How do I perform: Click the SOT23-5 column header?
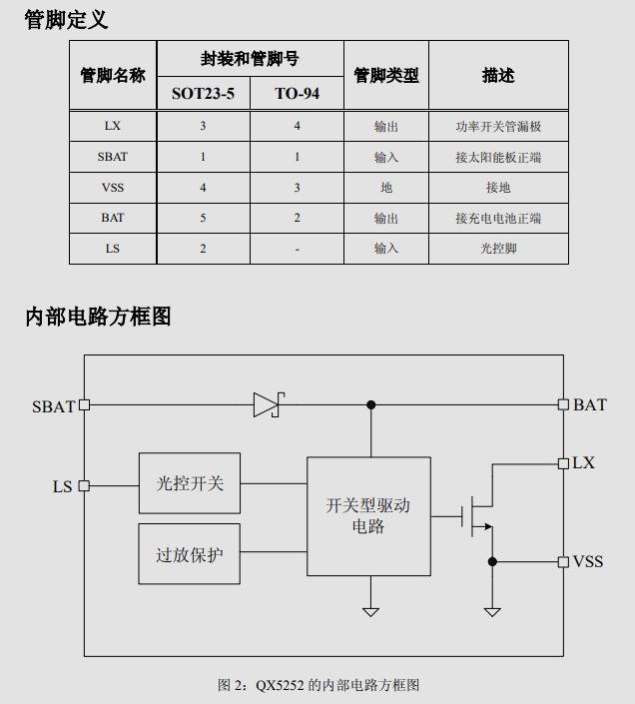(x=203, y=94)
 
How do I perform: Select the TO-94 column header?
(x=298, y=94)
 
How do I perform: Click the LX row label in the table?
(x=113, y=126)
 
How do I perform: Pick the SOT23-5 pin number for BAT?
(x=203, y=218)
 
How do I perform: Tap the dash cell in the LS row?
(x=298, y=250)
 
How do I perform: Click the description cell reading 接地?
(x=498, y=187)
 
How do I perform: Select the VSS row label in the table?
(x=113, y=187)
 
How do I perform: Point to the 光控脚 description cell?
(x=498, y=249)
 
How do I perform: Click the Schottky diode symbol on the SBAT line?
(x=269, y=405)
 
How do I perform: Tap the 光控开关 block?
(x=190, y=483)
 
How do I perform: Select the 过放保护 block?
(x=189, y=554)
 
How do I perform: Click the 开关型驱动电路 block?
(x=368, y=516)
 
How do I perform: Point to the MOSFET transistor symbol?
(x=477, y=516)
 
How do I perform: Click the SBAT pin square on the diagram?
(x=84, y=405)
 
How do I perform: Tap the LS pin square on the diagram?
(x=84, y=485)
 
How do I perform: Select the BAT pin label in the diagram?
(x=590, y=405)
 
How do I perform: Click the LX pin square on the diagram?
(x=563, y=463)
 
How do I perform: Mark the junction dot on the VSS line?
(x=492, y=561)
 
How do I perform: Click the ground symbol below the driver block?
(x=370, y=612)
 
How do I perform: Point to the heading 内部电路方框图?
(x=98, y=317)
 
